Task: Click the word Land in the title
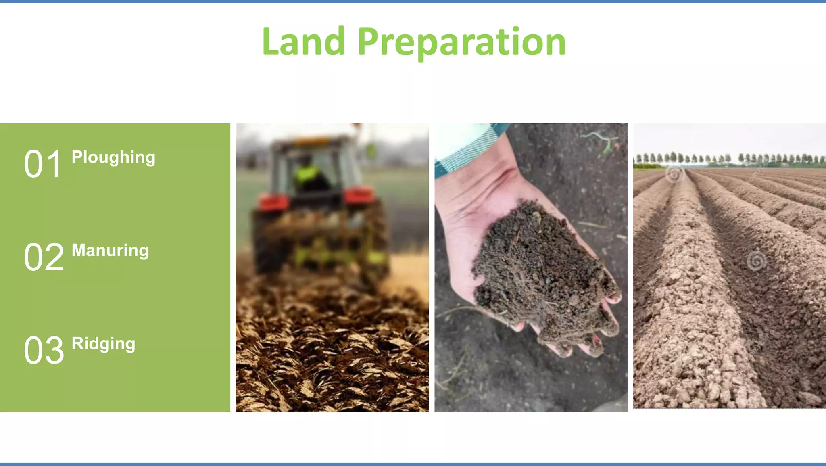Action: click(303, 42)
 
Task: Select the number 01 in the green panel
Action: click(43, 164)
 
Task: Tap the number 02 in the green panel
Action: click(44, 257)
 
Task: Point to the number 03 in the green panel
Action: click(44, 350)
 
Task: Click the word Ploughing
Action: click(113, 157)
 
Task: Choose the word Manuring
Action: click(110, 251)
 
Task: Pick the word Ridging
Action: click(103, 344)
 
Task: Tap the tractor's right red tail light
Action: click(359, 196)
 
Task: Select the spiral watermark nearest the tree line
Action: click(674, 175)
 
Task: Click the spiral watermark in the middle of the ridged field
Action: click(756, 261)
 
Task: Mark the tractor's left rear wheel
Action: click(268, 242)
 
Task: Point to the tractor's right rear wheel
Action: click(377, 242)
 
